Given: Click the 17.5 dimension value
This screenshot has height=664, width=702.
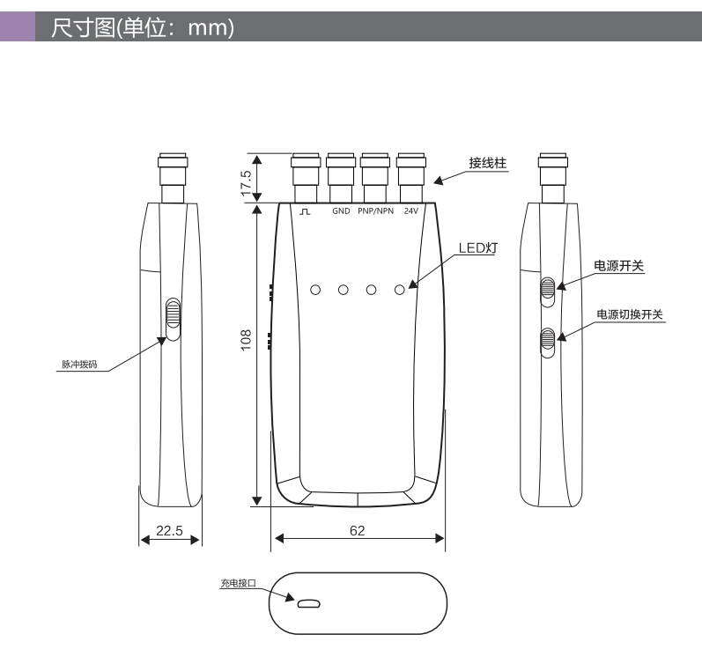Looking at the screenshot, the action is (x=247, y=183).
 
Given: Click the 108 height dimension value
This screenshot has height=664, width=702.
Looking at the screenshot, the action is (x=247, y=340).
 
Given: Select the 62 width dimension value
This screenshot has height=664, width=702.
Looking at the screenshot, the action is (x=358, y=530).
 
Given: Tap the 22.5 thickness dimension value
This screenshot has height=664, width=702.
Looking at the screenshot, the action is (x=169, y=530).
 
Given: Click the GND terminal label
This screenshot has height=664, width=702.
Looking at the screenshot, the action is (x=341, y=210).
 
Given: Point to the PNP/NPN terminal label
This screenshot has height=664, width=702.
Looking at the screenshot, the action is (x=375, y=210).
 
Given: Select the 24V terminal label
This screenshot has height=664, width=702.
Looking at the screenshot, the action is (x=411, y=210).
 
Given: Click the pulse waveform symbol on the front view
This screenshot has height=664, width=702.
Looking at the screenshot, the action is (x=305, y=210).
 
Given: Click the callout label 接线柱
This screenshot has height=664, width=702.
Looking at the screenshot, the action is (x=488, y=163).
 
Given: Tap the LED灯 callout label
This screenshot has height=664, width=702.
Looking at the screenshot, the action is (x=478, y=248).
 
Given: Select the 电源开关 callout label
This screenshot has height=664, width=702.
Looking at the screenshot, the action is (x=618, y=266).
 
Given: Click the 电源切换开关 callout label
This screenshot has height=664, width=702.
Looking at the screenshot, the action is (x=630, y=314).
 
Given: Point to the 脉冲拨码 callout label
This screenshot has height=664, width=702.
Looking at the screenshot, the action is (x=79, y=365).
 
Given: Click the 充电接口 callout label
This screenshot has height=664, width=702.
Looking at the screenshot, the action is (x=238, y=583).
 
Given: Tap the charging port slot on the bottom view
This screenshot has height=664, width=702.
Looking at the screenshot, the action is (x=309, y=604).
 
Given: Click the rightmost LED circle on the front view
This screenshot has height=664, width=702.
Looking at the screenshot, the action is (x=400, y=290).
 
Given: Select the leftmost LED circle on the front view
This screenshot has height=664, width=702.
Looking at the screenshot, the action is (x=315, y=290).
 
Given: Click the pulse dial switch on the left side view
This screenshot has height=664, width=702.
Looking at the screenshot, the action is (x=173, y=320).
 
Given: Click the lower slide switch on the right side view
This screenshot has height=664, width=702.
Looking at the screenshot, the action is (x=548, y=343).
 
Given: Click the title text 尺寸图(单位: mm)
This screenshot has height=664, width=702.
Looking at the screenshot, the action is (x=143, y=27).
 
